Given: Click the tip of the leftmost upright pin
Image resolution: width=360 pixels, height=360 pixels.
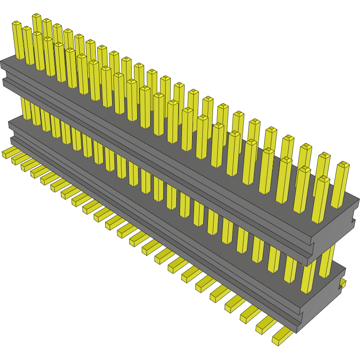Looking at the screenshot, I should (17, 24).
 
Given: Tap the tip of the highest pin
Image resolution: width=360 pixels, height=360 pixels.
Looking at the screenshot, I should (37, 17).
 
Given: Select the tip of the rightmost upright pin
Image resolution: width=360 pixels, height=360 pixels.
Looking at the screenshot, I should (343, 165).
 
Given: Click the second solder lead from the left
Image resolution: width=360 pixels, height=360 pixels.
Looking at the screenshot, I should (19, 159).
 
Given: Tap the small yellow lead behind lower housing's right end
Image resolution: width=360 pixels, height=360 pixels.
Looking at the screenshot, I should (343, 283).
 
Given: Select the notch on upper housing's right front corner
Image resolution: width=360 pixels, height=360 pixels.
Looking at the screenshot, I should (313, 245).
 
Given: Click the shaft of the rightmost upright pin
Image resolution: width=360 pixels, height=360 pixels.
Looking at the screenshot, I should (339, 188).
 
